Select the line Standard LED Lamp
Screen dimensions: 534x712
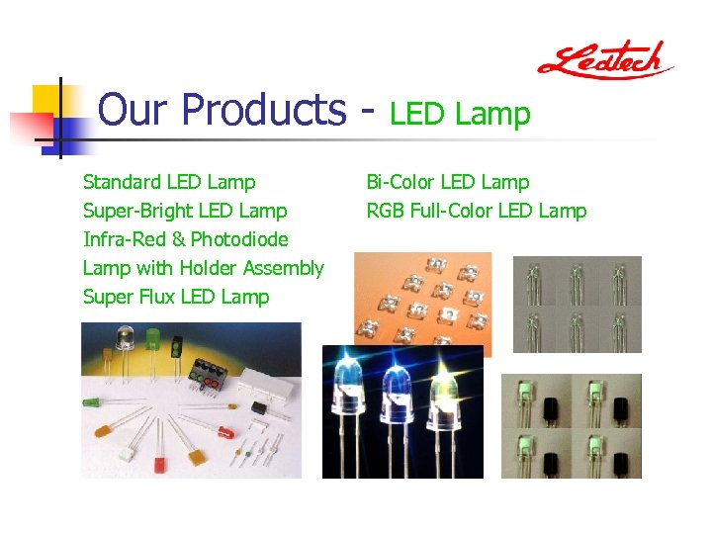[169, 182]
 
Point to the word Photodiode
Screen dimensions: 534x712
[239, 239]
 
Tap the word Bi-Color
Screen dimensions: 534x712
[400, 182]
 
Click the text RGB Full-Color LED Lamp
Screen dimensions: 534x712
[476, 211]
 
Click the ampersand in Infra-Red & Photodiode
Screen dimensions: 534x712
[179, 239]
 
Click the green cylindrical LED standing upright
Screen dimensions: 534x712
[152, 342]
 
